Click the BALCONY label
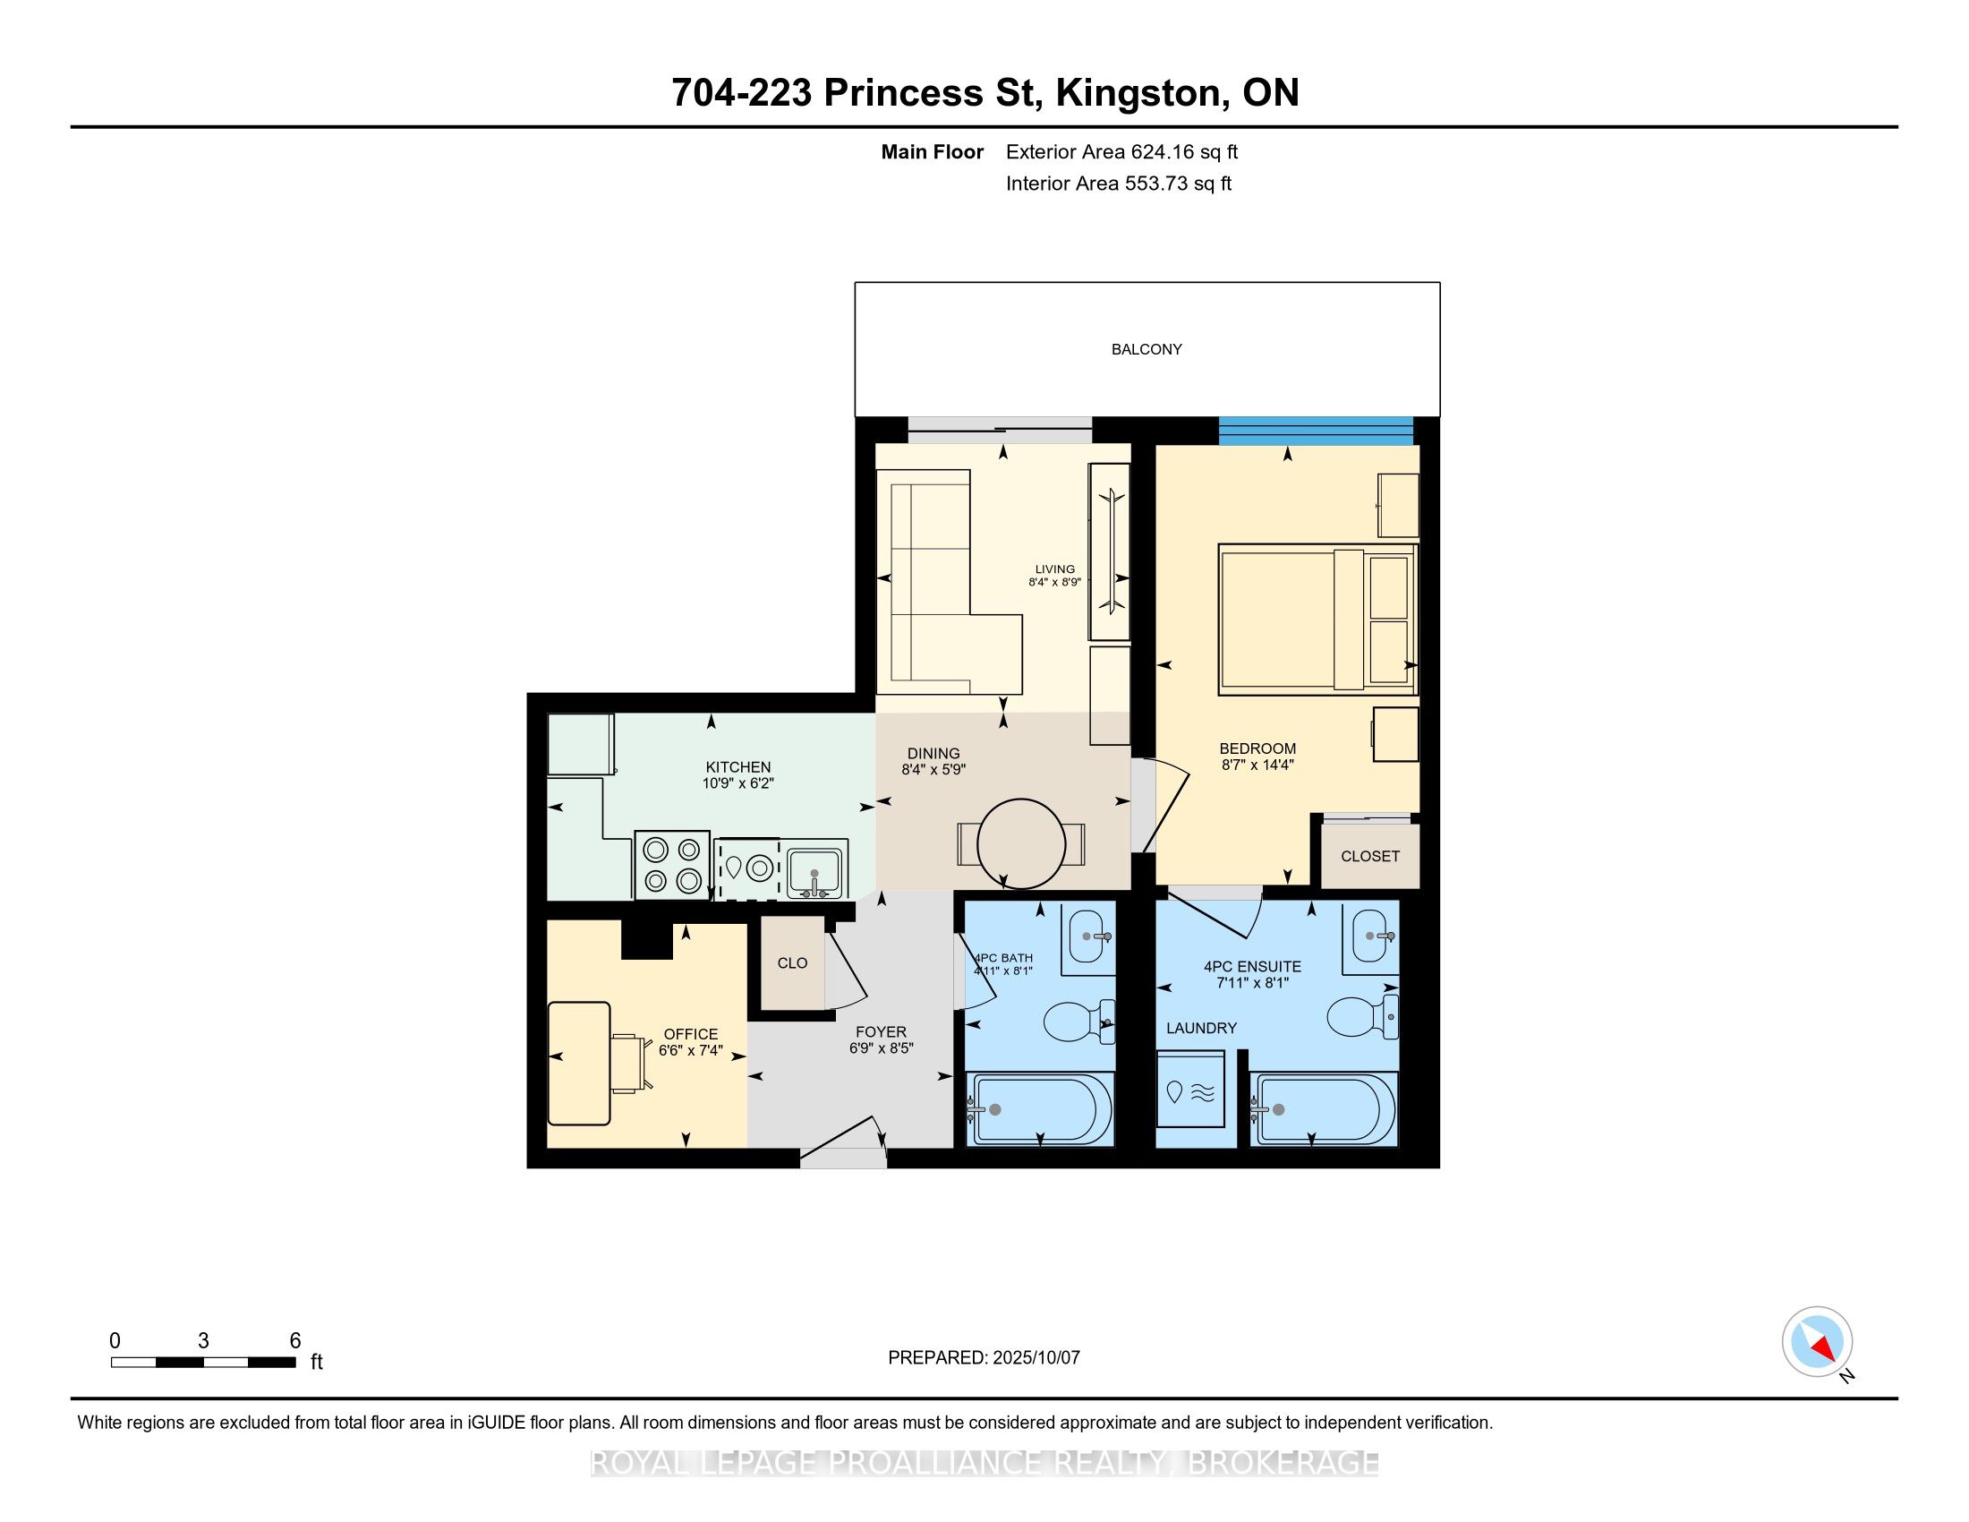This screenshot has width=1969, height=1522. (1146, 350)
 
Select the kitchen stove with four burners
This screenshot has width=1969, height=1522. (671, 865)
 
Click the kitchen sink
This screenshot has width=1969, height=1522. (816, 869)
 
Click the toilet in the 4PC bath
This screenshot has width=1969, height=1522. (1079, 1022)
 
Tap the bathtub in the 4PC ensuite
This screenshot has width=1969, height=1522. (1324, 1109)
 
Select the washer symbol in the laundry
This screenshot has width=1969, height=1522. (1190, 1099)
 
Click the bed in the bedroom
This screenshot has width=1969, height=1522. (1317, 620)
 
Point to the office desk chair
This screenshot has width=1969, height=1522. (630, 1063)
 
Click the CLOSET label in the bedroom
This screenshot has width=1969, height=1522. (1369, 857)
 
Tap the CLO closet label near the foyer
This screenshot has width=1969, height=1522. (792, 963)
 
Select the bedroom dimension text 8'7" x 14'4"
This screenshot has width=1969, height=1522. (1257, 765)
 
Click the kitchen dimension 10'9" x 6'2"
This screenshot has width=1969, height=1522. (738, 783)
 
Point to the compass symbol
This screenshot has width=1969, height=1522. (1818, 1341)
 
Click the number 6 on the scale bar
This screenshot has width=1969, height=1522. (294, 1341)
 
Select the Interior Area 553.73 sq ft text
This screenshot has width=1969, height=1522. (1119, 184)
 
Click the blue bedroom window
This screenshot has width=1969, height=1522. (1316, 430)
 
